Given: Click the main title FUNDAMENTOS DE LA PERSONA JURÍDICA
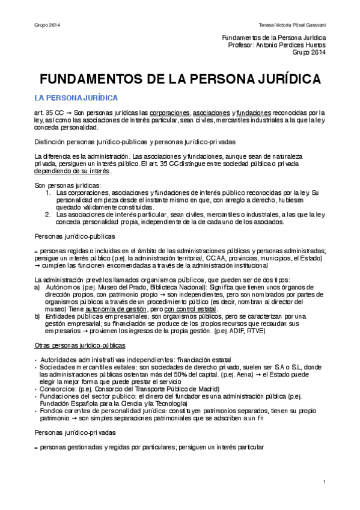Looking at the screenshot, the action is [x=180, y=79].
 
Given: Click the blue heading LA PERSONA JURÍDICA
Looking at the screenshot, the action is [x=76, y=97].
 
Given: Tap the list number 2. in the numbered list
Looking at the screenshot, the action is [x=49, y=214].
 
